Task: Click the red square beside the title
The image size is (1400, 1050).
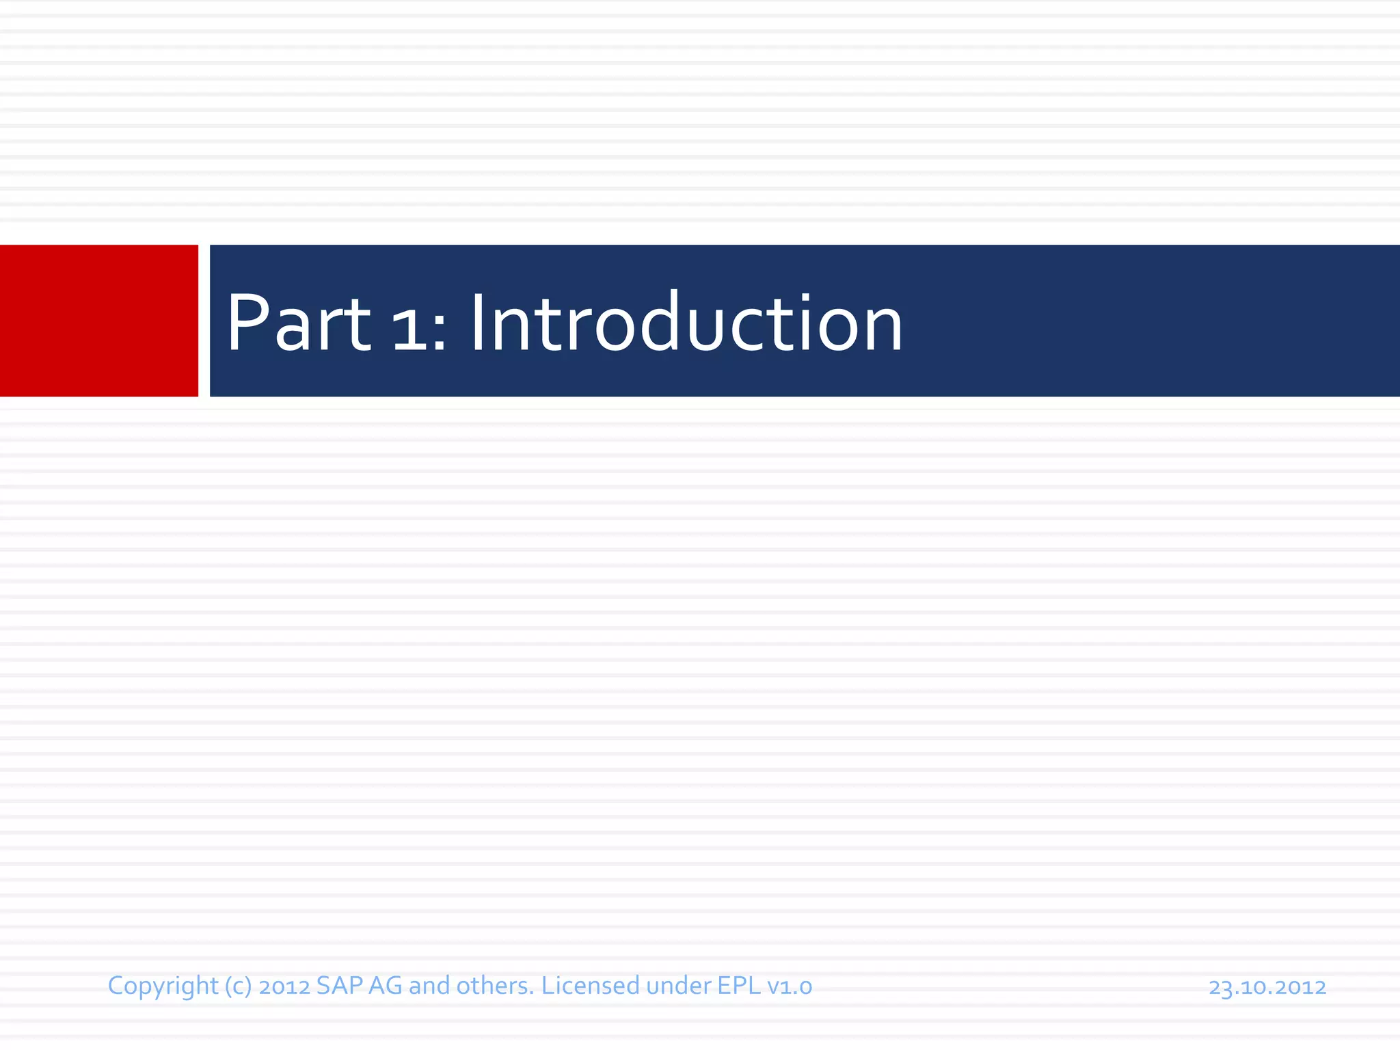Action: pyautogui.click(x=98, y=321)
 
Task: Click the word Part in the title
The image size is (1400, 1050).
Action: pyautogui.click(x=299, y=323)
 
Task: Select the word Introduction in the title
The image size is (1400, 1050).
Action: pyautogui.click(x=686, y=323)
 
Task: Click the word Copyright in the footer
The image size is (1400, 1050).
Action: pyautogui.click(x=163, y=986)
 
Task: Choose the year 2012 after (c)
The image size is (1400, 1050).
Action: pyautogui.click(x=284, y=986)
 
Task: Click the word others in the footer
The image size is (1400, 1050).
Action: pyautogui.click(x=494, y=986)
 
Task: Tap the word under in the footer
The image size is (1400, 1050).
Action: pyautogui.click(x=678, y=986)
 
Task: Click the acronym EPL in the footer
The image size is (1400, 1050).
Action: pyautogui.click(x=739, y=986)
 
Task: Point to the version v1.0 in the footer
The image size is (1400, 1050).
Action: pyautogui.click(x=790, y=986)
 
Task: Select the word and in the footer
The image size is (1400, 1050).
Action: pyautogui.click(x=429, y=986)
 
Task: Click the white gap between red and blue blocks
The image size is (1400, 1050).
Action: pyautogui.click(x=204, y=321)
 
